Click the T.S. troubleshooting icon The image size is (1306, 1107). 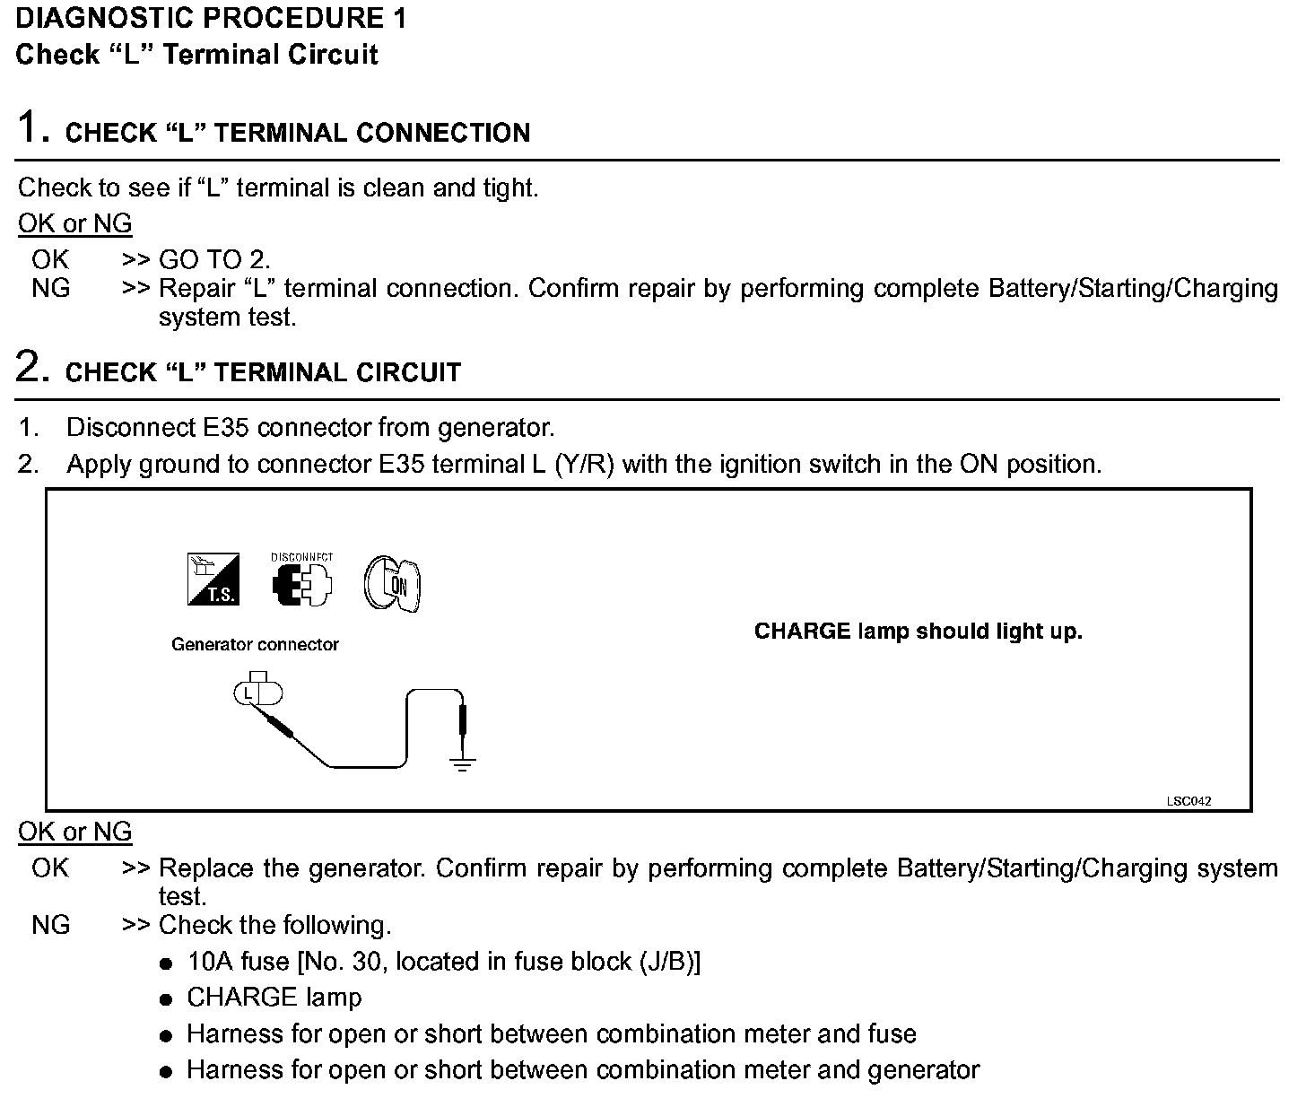(213, 580)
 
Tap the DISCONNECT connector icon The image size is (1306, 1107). (301, 582)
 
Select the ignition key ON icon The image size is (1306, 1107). (392, 585)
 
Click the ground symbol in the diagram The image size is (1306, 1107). (462, 763)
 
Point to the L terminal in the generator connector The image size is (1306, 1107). (248, 693)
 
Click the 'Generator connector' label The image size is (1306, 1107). (255, 644)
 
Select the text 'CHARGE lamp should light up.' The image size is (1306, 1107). (918, 632)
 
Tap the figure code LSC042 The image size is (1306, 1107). (1188, 801)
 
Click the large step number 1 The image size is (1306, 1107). (30, 127)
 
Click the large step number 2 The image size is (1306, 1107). (30, 367)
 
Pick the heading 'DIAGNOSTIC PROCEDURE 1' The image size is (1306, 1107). (211, 19)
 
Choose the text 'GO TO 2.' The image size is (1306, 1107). (214, 260)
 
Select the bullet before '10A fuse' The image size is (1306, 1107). (165, 964)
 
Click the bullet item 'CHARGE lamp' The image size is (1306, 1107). (274, 998)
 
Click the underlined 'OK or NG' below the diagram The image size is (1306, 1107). (74, 832)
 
